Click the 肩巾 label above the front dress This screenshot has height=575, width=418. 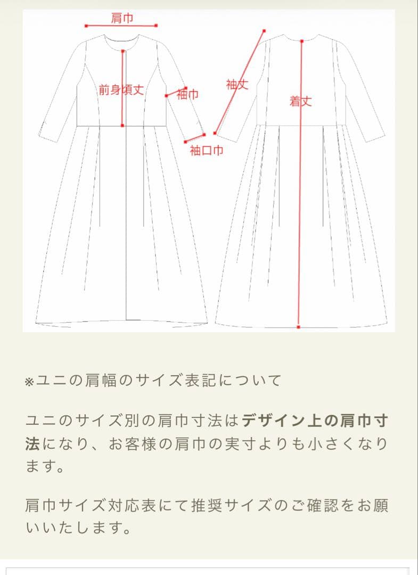click(x=122, y=18)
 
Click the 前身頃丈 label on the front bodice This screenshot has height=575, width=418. click(x=121, y=90)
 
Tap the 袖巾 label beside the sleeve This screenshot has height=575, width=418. click(x=187, y=95)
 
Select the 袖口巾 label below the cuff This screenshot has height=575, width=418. click(x=207, y=151)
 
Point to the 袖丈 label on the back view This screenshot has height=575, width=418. click(x=237, y=84)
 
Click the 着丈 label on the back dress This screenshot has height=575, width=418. click(x=300, y=101)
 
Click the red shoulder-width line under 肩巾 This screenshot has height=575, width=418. click(x=121, y=26)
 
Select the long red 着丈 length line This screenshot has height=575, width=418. click(x=300, y=213)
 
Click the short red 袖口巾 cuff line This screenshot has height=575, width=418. click(x=195, y=138)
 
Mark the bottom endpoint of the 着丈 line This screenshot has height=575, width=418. click(x=299, y=326)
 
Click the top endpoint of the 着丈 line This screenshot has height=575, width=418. click(x=302, y=41)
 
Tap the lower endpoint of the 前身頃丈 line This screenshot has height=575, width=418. click(x=122, y=126)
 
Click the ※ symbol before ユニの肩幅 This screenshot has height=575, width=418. click(x=29, y=381)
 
